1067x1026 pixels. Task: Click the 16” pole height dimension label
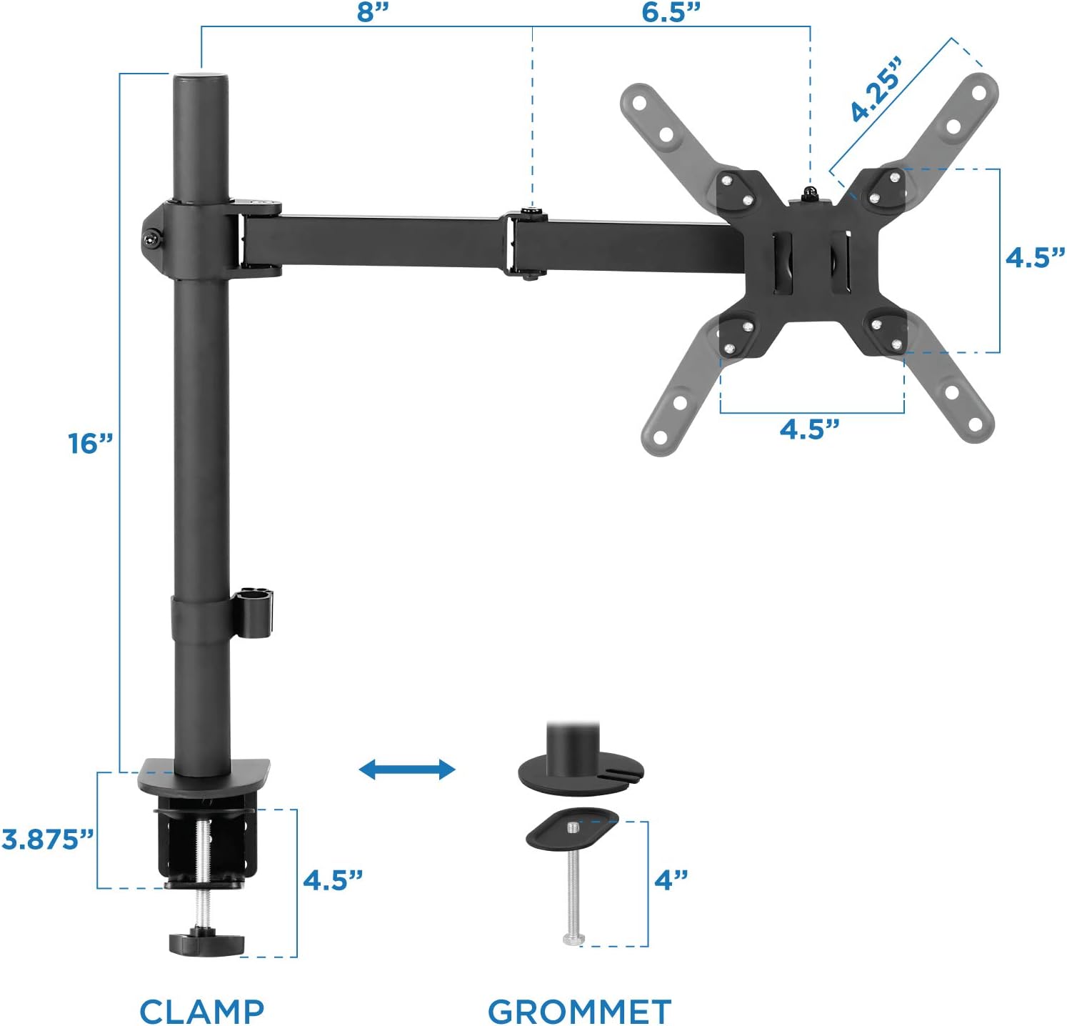point(91,443)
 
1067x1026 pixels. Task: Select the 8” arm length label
point(373,12)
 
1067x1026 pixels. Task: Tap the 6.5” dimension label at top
point(671,12)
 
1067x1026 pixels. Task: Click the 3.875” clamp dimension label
point(48,839)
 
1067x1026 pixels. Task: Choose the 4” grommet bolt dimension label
point(671,879)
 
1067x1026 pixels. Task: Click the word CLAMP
point(201,1011)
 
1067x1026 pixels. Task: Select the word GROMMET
point(579,1011)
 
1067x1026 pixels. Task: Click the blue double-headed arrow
point(407,769)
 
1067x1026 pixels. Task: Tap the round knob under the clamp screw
point(206,942)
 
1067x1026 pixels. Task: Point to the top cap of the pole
point(201,79)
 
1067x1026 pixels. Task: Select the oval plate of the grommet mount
point(572,828)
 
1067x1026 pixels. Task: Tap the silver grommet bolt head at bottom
point(572,939)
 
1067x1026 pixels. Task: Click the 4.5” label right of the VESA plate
point(1035,257)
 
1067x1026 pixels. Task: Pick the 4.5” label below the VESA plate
point(809,429)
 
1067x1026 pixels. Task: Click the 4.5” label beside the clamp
point(333,880)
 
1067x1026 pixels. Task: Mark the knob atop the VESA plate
point(810,194)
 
